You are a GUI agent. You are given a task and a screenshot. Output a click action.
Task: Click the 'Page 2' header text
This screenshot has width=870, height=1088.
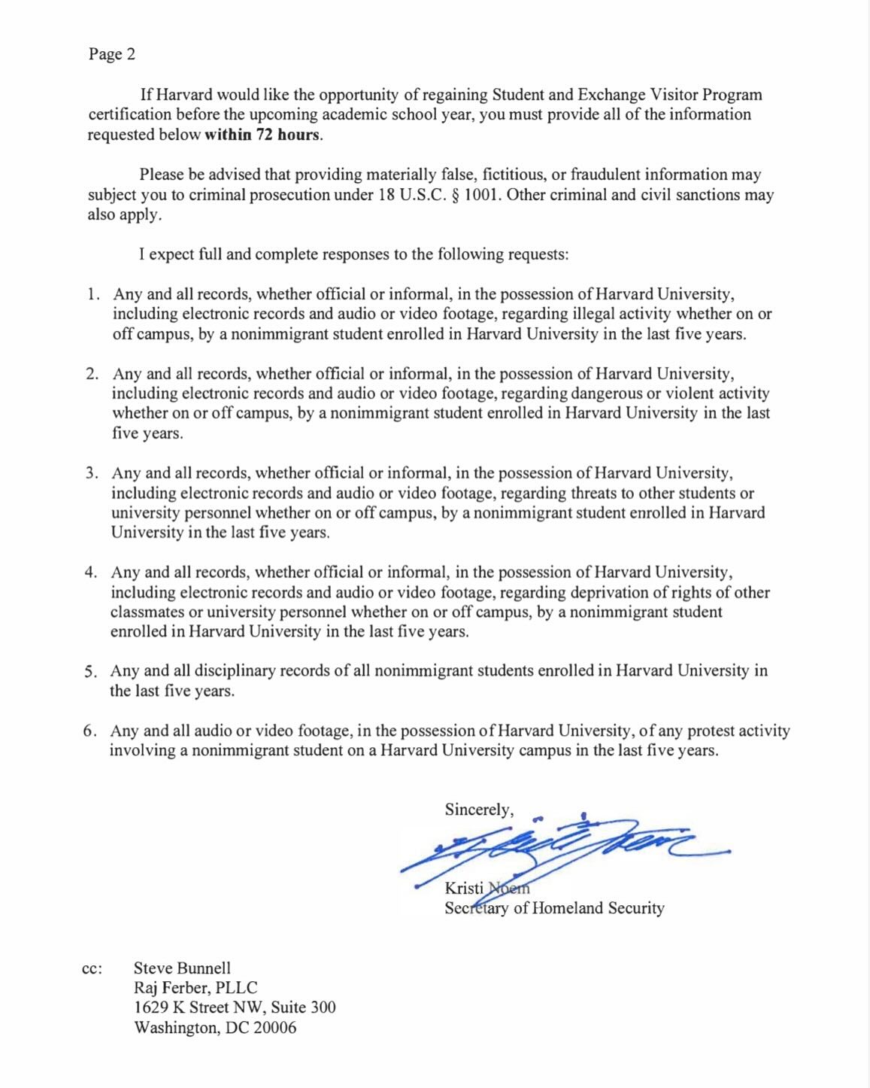point(111,54)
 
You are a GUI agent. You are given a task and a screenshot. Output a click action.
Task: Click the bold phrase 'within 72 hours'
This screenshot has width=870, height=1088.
point(262,135)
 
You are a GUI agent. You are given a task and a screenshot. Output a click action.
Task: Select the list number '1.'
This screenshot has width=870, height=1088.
point(93,294)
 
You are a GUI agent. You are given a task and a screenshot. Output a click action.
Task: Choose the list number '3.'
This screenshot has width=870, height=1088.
point(92,473)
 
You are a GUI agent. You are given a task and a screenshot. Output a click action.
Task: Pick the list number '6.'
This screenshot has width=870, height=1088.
point(90,731)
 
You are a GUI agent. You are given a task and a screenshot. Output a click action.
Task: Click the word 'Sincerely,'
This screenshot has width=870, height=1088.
point(479,810)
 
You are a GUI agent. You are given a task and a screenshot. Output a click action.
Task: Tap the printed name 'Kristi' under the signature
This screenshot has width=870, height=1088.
point(464,888)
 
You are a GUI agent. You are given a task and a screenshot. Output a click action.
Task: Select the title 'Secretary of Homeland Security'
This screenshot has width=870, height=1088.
point(554,908)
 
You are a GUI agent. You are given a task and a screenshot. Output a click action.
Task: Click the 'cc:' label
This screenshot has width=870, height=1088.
point(91,969)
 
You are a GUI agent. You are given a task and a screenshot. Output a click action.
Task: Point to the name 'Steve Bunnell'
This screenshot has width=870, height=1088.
point(182,968)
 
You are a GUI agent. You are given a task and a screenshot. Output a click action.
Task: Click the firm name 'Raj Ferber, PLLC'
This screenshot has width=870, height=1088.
point(196,988)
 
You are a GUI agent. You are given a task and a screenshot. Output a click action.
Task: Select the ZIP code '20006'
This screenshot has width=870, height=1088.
point(274,1028)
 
